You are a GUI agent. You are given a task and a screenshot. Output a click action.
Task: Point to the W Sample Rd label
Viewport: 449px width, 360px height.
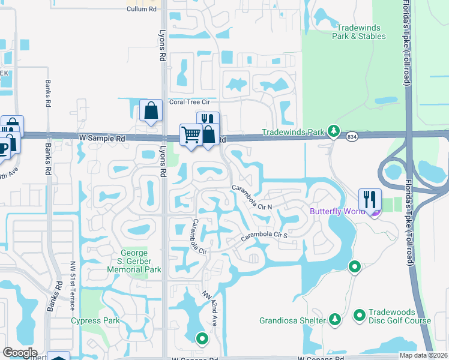pyautogui.click(x=102, y=138)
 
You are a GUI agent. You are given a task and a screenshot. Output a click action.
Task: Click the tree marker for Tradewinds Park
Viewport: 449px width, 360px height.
pyautogui.click(x=334, y=131)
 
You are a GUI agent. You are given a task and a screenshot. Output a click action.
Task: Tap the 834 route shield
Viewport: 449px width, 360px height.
pyautogui.click(x=352, y=137)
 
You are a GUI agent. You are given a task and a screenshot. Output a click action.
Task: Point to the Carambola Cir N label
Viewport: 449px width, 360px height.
pyautogui.click(x=253, y=197)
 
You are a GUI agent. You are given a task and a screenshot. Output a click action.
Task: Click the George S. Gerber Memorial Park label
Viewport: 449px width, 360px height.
pyautogui.click(x=134, y=262)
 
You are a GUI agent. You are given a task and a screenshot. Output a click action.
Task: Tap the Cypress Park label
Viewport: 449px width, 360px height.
pyautogui.click(x=95, y=320)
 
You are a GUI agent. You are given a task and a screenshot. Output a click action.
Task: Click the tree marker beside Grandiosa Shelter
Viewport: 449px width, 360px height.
pyautogui.click(x=335, y=318)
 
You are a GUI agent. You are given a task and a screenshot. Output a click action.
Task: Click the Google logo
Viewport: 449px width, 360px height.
pyautogui.click(x=20, y=353)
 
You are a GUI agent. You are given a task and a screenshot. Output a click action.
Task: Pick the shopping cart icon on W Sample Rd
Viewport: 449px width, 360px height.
pyautogui.click(x=191, y=134)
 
